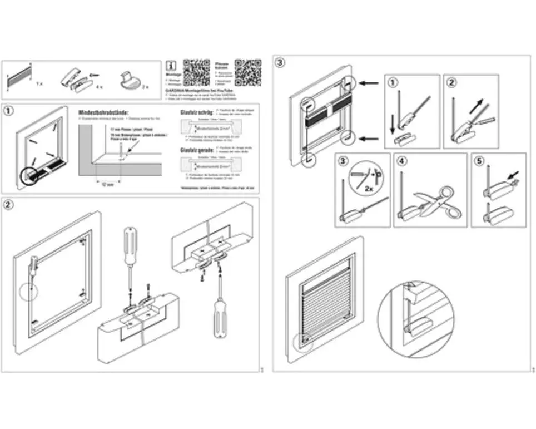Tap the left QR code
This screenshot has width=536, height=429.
pyautogui.click(x=196, y=72)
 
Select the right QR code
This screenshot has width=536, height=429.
pyautogui.click(x=247, y=72)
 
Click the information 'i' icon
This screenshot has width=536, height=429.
pyautogui.click(x=172, y=65)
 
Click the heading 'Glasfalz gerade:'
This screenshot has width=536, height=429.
pyautogui.click(x=194, y=150)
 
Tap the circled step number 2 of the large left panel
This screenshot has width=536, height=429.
pyautogui.click(x=9, y=204)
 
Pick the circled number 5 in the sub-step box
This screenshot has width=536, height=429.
pyautogui.click(x=479, y=161)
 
